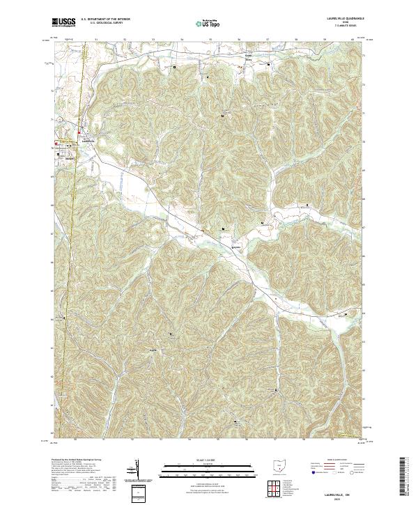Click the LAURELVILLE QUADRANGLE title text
[x=339, y=18]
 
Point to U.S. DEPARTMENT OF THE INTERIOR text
[x=104, y=20]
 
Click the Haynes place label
[x=235, y=245]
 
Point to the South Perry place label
[x=247, y=59]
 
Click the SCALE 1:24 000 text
[x=208, y=459]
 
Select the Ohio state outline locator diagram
[x=279, y=466]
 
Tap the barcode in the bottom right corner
[x=408, y=479]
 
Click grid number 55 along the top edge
[x=210, y=40]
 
